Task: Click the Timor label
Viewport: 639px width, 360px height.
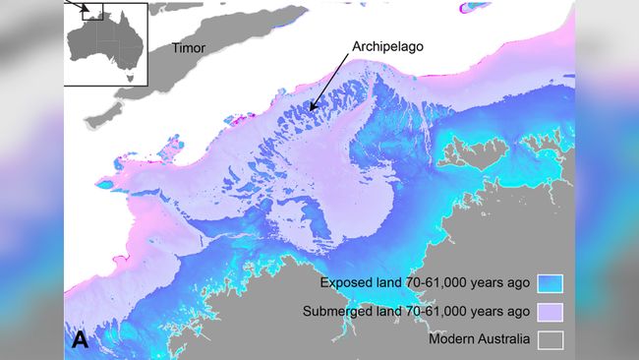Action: click(190, 46)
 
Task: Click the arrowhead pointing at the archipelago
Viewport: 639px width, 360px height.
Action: click(313, 108)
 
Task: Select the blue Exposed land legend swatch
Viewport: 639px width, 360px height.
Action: click(549, 283)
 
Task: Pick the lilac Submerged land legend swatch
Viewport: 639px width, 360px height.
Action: click(549, 312)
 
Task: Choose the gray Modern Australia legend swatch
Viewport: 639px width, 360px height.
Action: click(549, 340)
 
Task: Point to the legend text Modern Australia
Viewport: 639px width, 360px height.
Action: click(480, 340)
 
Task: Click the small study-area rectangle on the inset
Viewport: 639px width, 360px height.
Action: click(93, 13)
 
